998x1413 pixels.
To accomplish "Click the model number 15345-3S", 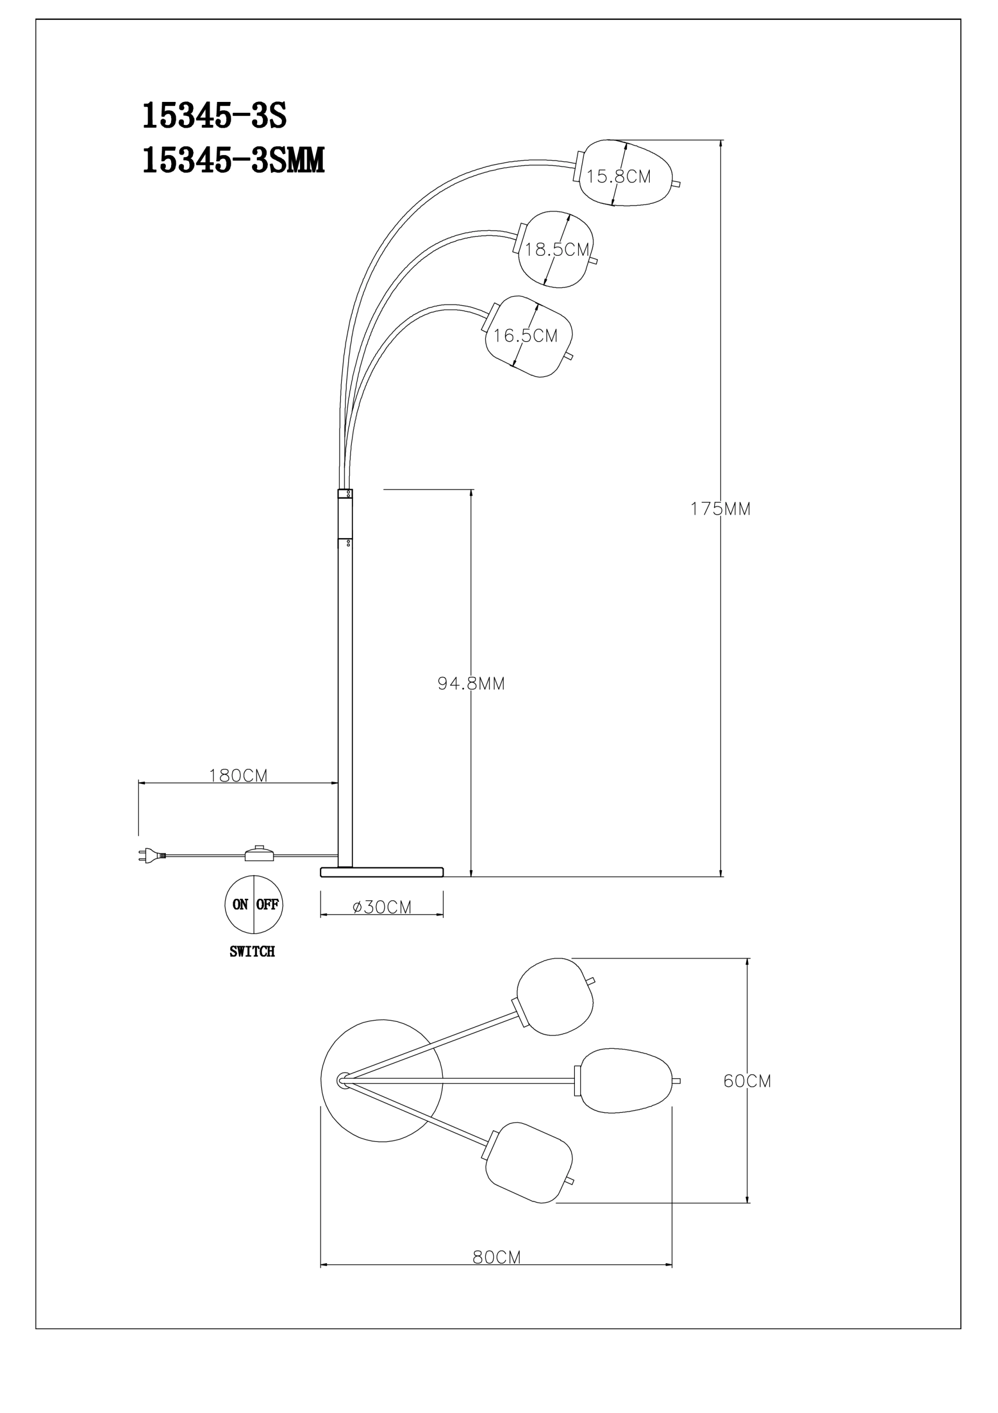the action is (214, 115).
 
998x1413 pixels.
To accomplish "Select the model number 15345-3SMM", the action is (233, 161).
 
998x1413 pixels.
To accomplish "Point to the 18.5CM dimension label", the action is (557, 249).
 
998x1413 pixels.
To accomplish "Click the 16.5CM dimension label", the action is (526, 335).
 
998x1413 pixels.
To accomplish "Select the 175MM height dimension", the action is (720, 509).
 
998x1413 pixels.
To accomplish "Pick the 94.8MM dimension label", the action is (471, 683).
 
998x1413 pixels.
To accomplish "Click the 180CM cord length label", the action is (238, 775).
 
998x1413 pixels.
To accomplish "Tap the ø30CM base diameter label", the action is (382, 907).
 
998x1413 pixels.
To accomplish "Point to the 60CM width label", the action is (747, 1081).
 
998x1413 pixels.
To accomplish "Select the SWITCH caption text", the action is (252, 951).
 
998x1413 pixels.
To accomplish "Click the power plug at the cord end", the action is (151, 855).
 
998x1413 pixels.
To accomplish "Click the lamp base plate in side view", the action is (382, 872).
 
